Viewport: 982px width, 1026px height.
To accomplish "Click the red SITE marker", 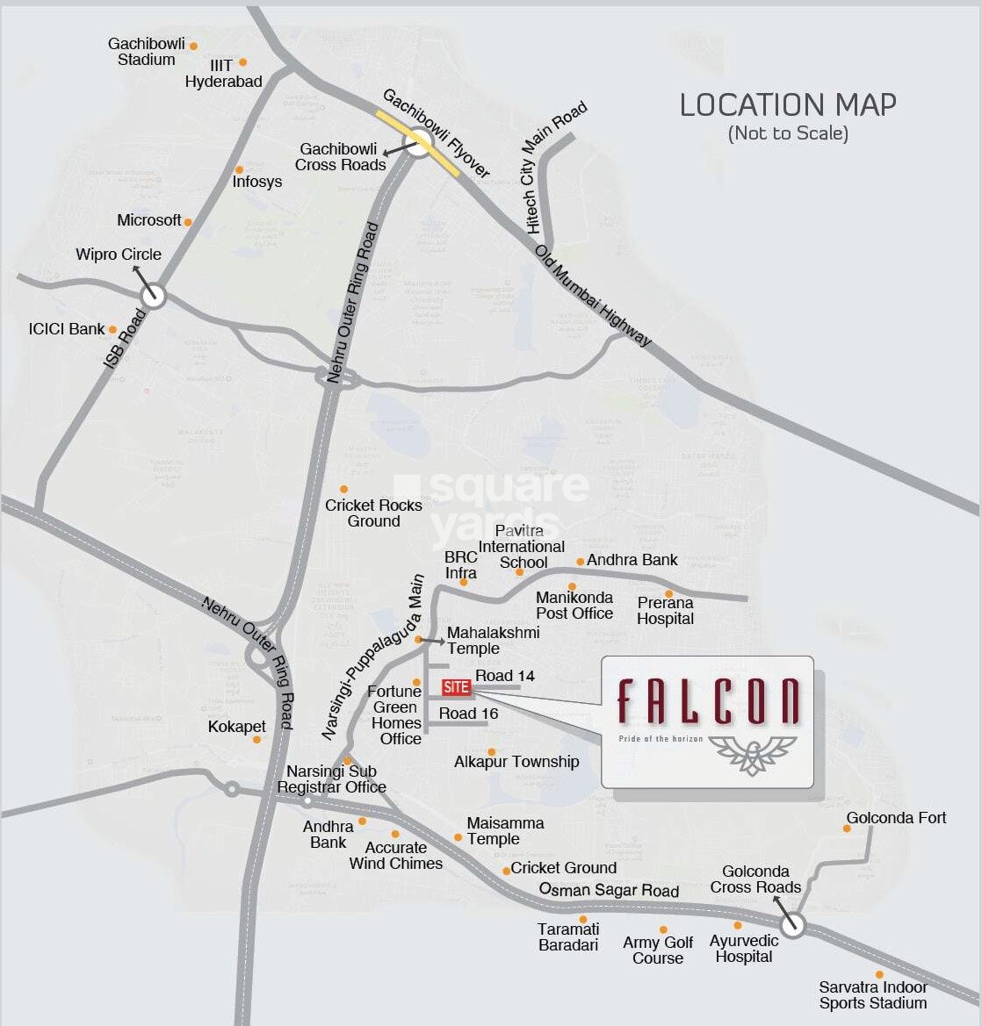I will pos(456,687).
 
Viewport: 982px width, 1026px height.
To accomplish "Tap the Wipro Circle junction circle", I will pos(154,295).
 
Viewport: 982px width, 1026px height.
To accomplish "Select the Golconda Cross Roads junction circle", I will pos(792,924).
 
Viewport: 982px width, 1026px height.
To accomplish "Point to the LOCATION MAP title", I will pos(788,105).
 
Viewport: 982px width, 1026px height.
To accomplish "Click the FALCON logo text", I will pos(708,702).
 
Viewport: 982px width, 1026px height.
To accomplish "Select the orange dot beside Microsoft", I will pos(187,222).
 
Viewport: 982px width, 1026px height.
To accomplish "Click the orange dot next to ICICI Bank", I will pos(112,330).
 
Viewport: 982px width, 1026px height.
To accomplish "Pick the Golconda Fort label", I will pos(896,818).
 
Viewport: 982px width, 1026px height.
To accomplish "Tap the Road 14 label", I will pos(505,676).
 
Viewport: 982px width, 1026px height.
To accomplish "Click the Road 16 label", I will pos(468,714).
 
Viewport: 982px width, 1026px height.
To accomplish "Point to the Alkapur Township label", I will pos(516,762).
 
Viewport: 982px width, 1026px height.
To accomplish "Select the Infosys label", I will pos(257,182).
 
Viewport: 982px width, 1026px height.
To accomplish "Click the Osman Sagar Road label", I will pos(609,890).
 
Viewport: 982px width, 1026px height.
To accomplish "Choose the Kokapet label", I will pos(237,727).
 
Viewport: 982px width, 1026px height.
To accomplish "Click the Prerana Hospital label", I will pos(666,611).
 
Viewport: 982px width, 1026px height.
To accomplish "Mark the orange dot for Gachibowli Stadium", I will pos(193,46).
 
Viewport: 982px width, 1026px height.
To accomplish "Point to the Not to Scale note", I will pos(788,133).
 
